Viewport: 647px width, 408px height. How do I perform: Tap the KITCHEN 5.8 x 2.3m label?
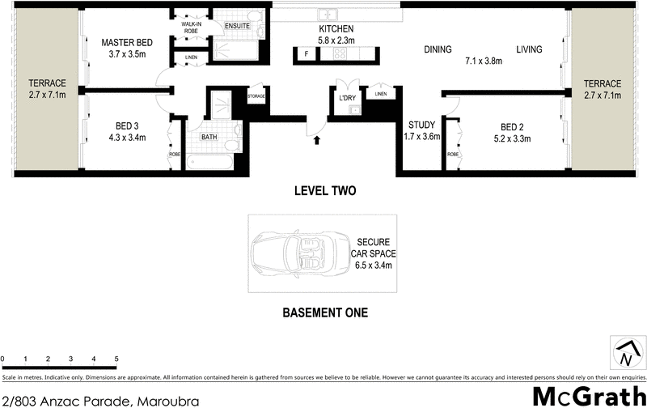pyautogui.click(x=336, y=35)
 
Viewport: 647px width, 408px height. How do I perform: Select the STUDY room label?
pyautogui.click(x=421, y=130)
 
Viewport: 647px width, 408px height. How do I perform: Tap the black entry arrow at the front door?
pyautogui.click(x=317, y=140)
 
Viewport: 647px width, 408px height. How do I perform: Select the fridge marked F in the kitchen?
pyautogui.click(x=307, y=54)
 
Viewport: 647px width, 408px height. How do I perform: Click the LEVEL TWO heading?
pyautogui.click(x=323, y=192)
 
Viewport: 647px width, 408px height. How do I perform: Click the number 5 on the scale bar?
pyautogui.click(x=116, y=358)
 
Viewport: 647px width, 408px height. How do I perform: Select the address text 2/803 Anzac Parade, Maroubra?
pyautogui.click(x=83, y=399)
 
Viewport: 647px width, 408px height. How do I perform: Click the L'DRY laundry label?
pyautogui.click(x=348, y=99)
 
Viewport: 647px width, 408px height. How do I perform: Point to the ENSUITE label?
pyautogui.click(x=237, y=26)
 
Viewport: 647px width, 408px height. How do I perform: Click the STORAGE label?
pyautogui.click(x=256, y=96)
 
